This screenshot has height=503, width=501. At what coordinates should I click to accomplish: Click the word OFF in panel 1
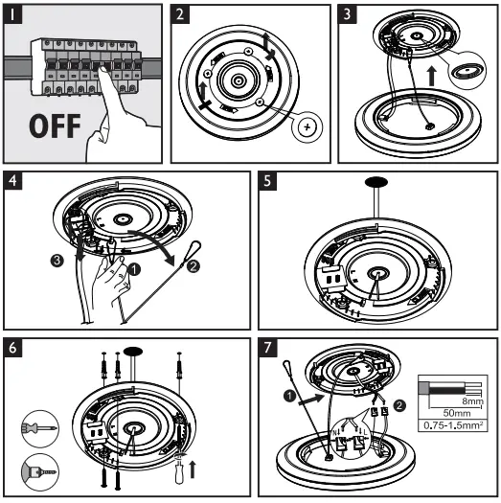click(55, 126)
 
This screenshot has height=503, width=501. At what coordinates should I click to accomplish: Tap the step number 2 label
click(180, 14)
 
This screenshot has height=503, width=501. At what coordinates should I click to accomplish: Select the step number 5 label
click(267, 181)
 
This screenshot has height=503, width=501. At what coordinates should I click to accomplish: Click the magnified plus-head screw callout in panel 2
click(307, 127)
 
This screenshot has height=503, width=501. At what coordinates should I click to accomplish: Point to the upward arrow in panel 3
click(432, 76)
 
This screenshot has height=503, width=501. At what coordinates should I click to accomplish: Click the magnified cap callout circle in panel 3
click(467, 70)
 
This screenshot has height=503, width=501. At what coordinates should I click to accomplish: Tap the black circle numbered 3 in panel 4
click(57, 261)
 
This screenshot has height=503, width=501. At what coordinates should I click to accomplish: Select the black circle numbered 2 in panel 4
click(194, 266)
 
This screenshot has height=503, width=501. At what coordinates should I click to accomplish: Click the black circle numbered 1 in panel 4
click(134, 269)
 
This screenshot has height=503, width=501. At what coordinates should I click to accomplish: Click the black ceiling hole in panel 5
click(376, 182)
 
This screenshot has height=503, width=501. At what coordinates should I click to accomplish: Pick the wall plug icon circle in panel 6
click(40, 428)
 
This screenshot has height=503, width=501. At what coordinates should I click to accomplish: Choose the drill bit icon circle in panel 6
click(40, 472)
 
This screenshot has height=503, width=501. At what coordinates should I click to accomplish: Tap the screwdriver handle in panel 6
click(180, 474)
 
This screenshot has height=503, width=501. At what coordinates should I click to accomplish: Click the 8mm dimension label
click(473, 401)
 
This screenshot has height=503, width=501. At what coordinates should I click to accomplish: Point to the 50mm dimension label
click(457, 413)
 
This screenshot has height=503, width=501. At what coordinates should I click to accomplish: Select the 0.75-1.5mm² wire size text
click(453, 425)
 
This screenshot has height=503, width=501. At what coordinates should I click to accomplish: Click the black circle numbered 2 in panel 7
click(399, 405)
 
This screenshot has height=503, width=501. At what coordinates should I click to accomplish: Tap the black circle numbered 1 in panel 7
click(289, 396)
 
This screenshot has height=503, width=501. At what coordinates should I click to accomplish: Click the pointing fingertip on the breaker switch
click(102, 70)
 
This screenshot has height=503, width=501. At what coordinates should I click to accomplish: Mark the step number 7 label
click(267, 348)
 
